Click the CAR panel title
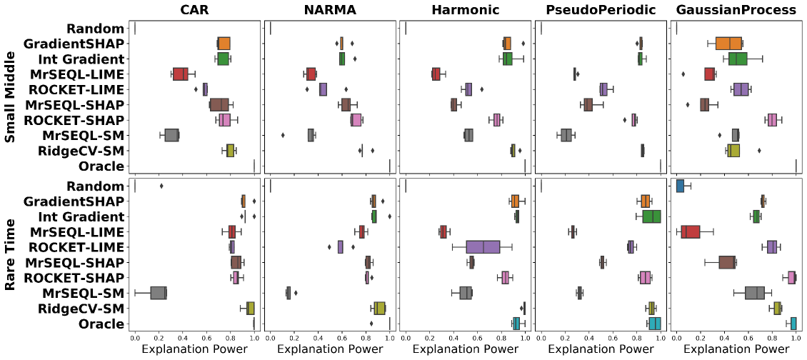[x=194, y=10]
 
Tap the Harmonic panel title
[x=464, y=10]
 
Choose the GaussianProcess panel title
[x=734, y=10]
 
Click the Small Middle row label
[x=10, y=97]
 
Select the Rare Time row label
[x=10, y=254]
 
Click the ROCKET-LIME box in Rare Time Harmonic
[x=483, y=247]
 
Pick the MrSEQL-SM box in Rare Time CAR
[x=159, y=293]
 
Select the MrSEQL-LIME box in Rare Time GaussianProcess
[x=691, y=232]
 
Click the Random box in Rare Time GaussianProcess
[x=680, y=186]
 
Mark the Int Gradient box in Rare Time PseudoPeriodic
[x=651, y=216]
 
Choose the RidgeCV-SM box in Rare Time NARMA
[x=379, y=308]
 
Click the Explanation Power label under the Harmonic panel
[x=464, y=350]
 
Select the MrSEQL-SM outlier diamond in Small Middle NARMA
[x=284, y=135]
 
